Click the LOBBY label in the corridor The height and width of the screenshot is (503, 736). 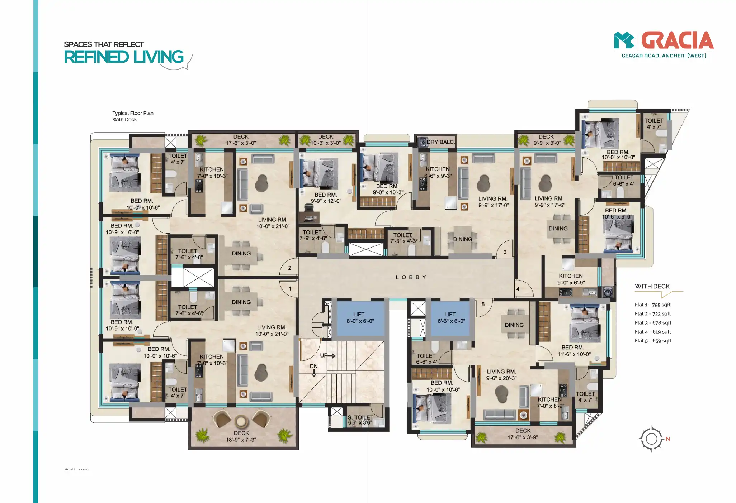click(x=411, y=277)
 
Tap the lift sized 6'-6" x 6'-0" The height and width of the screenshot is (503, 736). click(x=450, y=318)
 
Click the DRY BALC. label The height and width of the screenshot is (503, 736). click(x=440, y=142)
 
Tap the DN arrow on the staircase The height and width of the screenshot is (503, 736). click(x=314, y=373)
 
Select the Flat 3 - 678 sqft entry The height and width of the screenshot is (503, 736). click(x=653, y=323)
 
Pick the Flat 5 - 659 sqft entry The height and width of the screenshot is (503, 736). click(x=653, y=341)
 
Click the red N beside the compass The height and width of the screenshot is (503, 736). click(x=668, y=439)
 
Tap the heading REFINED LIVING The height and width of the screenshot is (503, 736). click(x=124, y=57)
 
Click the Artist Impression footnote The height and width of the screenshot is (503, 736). click(x=77, y=469)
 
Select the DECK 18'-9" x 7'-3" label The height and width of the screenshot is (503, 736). click(x=241, y=436)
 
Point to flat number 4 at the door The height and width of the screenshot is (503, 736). click(x=518, y=289)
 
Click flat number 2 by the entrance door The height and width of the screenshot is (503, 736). click(x=290, y=268)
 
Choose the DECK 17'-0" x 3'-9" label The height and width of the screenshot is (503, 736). click(x=523, y=434)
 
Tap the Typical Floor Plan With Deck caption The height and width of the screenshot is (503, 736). click(x=133, y=116)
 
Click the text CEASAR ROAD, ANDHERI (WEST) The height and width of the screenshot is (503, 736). click(x=664, y=56)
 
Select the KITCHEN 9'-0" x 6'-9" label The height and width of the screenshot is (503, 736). click(x=571, y=279)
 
